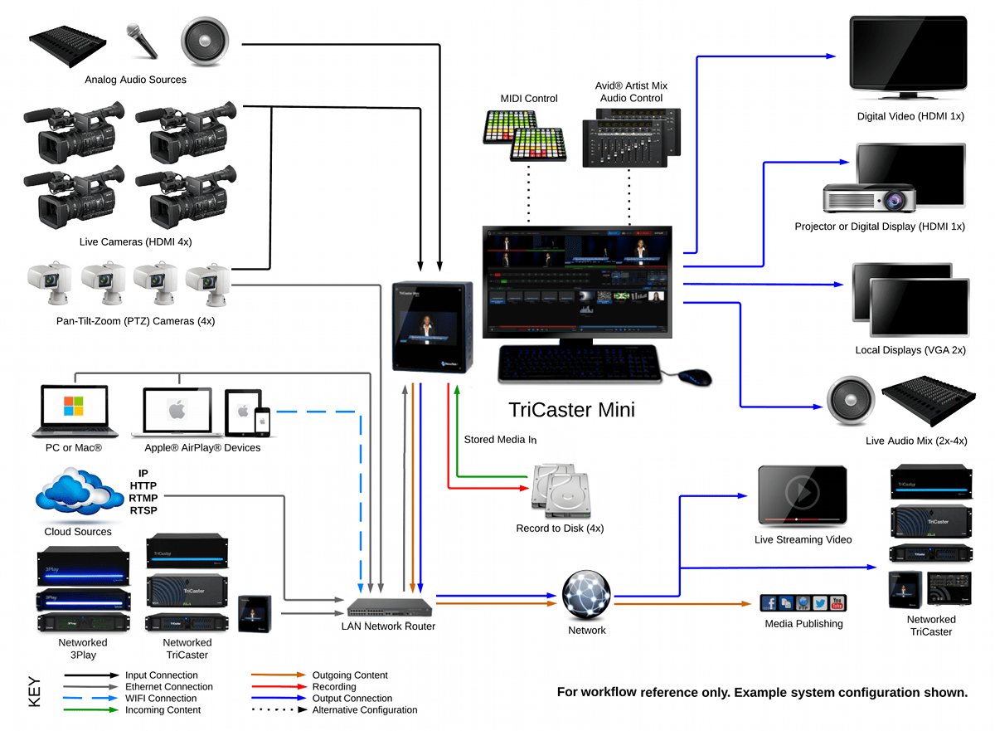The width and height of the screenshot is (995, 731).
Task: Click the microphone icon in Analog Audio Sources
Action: click(x=142, y=41)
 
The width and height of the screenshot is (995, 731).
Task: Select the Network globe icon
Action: click(x=586, y=594)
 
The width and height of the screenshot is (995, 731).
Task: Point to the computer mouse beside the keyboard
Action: click(x=695, y=378)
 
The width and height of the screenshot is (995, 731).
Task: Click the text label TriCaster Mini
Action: click(x=571, y=409)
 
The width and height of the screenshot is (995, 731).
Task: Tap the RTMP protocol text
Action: click(x=143, y=498)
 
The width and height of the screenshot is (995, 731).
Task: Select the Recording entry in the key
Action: click(x=333, y=687)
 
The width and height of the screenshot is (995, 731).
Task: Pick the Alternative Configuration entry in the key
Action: click(x=364, y=710)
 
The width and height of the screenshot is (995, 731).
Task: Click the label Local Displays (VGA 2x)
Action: click(x=910, y=350)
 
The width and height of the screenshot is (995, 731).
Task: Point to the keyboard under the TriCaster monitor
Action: click(x=580, y=364)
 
